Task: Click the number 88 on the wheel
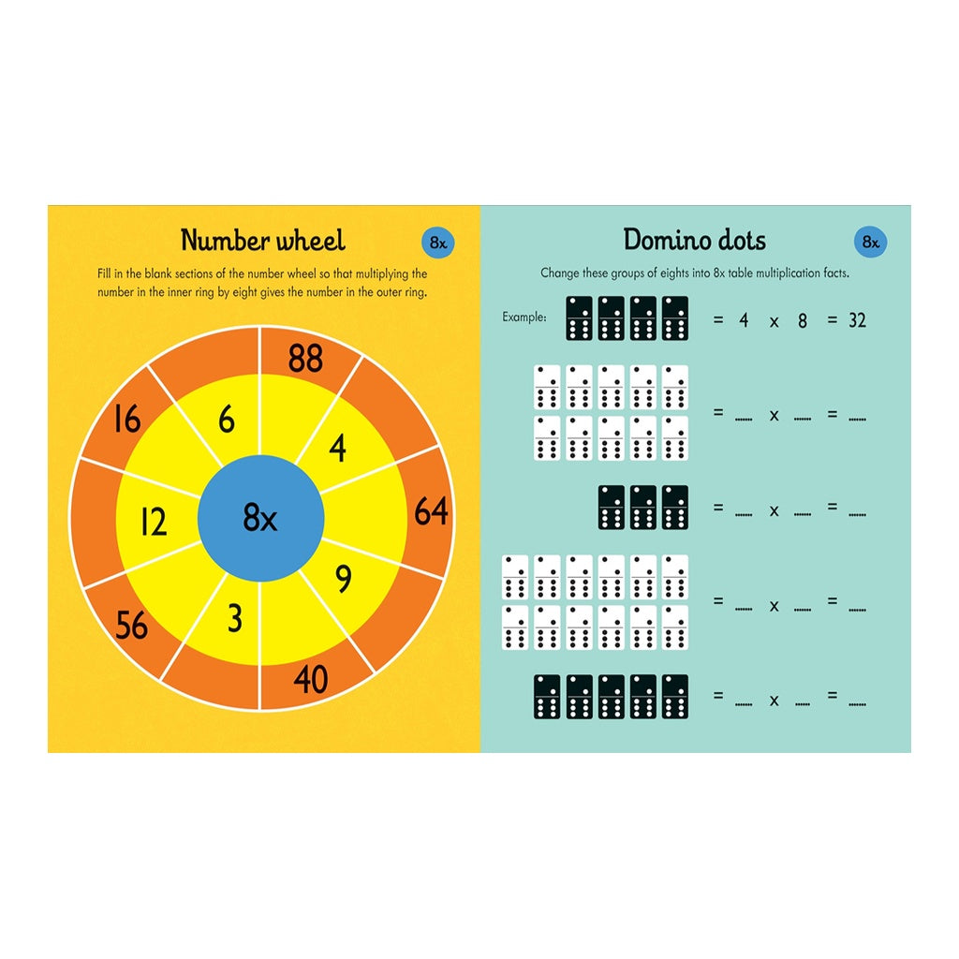coord(305,359)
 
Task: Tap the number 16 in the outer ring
coord(127,420)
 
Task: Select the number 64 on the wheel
coord(431,511)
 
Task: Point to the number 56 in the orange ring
coord(131,625)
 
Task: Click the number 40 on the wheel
coord(311,679)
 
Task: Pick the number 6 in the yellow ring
coord(227,420)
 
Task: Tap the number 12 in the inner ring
coord(154,523)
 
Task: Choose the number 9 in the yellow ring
coord(344,579)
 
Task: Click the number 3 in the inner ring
coord(235,618)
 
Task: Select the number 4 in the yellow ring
coord(337,448)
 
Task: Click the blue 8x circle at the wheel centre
coord(260,517)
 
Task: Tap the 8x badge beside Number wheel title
coord(438,243)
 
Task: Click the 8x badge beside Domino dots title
coord(870,242)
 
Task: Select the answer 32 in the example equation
coord(857,320)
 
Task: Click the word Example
coord(524,317)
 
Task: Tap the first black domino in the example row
coord(579,318)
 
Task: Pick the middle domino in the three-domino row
coord(642,507)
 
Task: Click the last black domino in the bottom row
coord(674,697)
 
